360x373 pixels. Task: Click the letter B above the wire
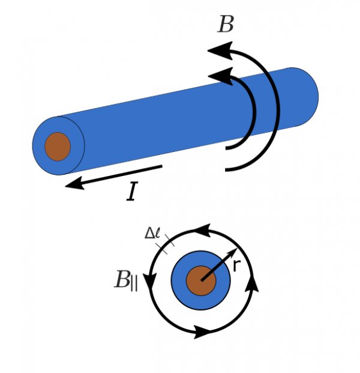226,25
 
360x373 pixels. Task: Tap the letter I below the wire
132,192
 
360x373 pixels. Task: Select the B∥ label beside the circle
125,281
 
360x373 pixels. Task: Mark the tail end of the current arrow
161,166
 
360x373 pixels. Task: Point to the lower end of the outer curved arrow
227,170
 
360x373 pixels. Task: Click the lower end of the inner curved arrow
227,147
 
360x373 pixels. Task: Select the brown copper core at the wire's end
58,147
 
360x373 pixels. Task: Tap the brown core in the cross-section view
200,281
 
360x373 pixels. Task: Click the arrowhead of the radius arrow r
231,253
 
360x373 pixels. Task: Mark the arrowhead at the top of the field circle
201,231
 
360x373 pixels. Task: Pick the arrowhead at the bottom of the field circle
202,331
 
